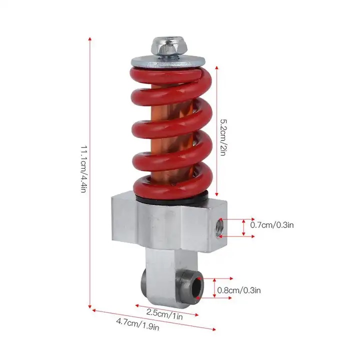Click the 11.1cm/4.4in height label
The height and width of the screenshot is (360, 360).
(84, 169)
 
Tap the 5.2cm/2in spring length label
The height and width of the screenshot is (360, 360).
(223, 137)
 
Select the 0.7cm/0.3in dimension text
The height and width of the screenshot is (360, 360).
(272, 225)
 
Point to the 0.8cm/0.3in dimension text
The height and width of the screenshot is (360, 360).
(239, 290)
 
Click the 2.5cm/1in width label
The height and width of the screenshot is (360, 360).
(164, 314)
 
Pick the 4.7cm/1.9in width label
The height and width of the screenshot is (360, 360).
(138, 324)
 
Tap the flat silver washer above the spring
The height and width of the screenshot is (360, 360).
(168, 62)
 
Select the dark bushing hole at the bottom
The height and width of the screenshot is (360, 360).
(197, 288)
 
